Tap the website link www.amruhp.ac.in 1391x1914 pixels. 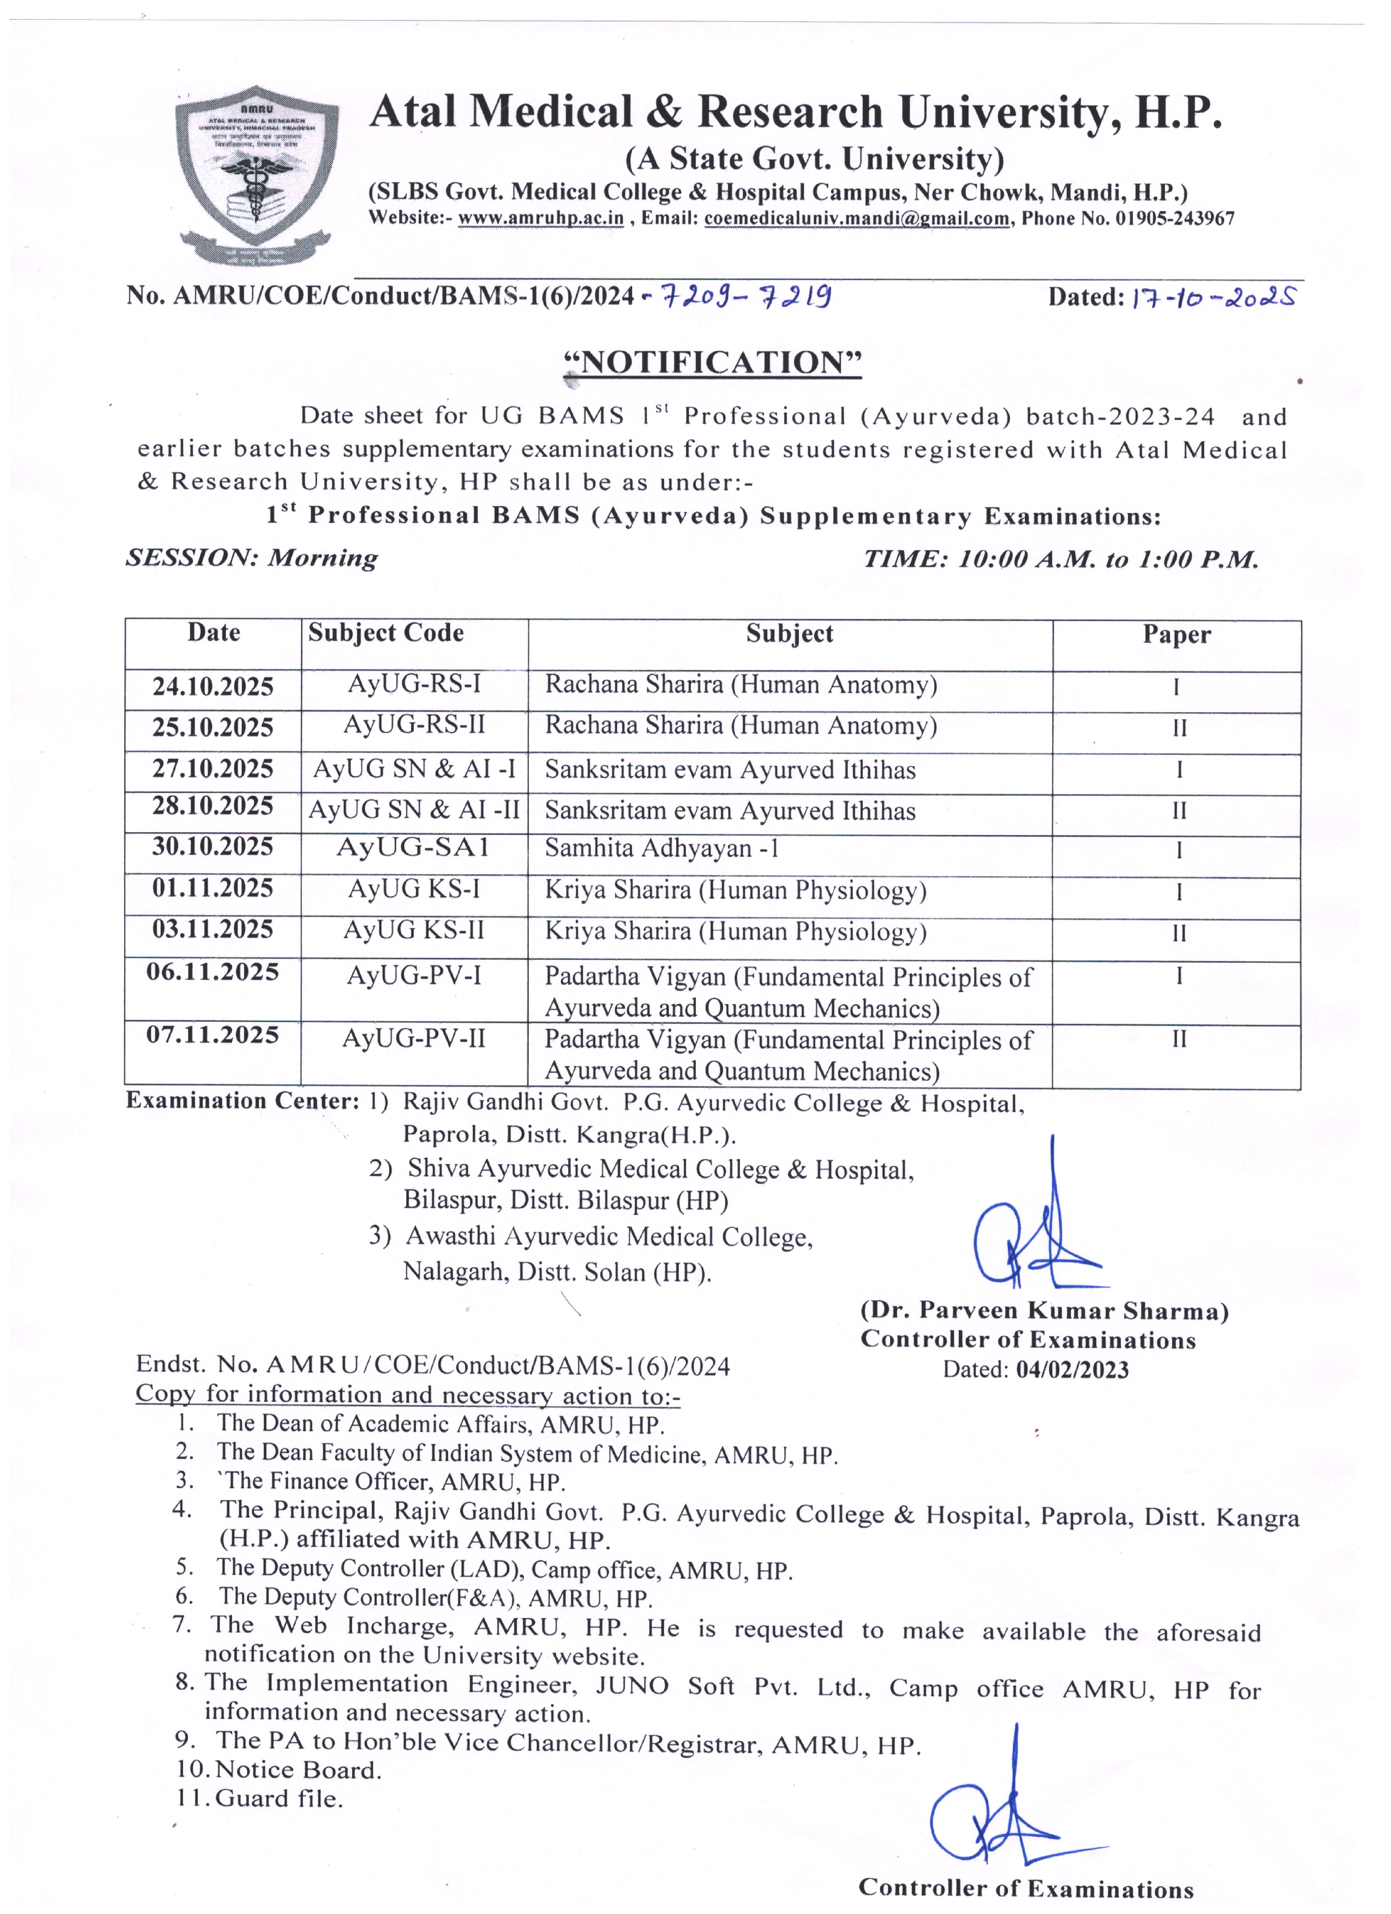(x=541, y=219)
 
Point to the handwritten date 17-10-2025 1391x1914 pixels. (x=1212, y=297)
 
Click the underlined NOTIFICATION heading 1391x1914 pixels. (x=713, y=362)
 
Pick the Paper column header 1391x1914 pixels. (x=1177, y=635)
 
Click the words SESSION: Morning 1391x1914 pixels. (x=251, y=558)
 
